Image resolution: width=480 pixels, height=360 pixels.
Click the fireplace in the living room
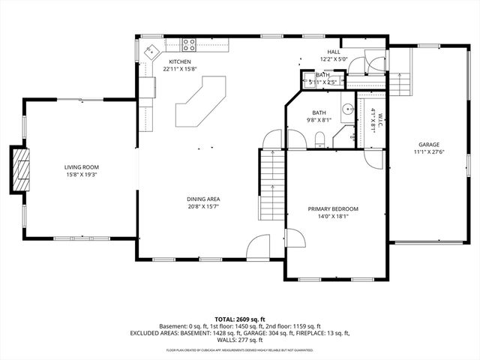22,171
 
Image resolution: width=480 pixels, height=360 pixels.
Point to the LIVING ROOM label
81,167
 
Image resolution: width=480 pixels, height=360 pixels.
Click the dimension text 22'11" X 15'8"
180,69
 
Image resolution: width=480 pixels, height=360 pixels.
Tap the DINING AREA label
203,199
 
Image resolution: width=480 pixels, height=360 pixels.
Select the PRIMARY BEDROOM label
333,208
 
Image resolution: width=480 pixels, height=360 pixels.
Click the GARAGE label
429,145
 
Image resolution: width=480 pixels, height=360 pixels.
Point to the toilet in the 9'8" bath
319,138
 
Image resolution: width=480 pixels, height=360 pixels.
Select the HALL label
333,52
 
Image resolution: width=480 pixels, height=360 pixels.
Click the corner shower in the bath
346,135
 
